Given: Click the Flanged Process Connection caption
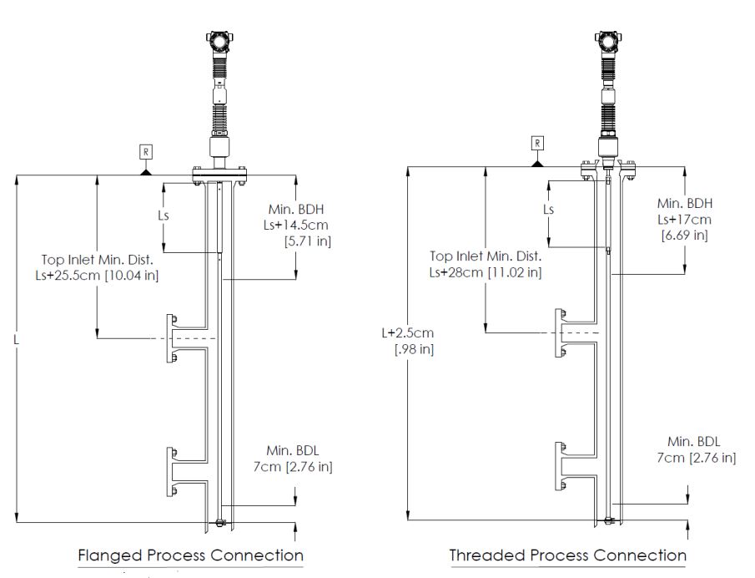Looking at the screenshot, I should coord(190,555).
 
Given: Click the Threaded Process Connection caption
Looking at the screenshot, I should coord(567,555).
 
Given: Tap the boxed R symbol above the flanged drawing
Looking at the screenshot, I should coord(145,154).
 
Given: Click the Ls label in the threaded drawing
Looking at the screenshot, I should coord(548,210).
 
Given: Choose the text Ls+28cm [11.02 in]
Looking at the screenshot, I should coord(486,272).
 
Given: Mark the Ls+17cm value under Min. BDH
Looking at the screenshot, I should coord(683,219).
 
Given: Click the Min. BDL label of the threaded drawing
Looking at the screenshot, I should coord(693,441).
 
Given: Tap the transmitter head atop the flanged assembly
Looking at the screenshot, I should coord(219,39).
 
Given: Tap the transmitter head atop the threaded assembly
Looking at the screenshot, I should coord(607,39).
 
